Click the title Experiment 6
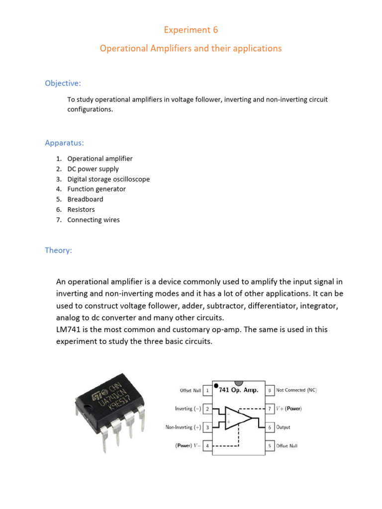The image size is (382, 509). tap(191, 30)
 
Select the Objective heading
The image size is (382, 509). tap(63, 83)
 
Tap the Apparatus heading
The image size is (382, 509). tap(64, 143)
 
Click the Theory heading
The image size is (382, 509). tap(58, 250)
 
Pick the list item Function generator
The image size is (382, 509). tap(96, 189)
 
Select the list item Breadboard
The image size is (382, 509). tap(85, 199)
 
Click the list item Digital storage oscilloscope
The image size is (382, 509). tap(108, 179)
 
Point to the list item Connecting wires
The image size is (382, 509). tap(94, 220)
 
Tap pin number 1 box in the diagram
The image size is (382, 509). tap(207, 391)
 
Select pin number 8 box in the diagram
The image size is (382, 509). tap(269, 391)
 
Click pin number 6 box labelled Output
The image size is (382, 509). tap(269, 427)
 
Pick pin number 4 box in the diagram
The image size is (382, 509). tap(207, 446)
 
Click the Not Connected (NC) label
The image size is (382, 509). tap(296, 391)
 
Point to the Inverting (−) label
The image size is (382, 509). tap(188, 409)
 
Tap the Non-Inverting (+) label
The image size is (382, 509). tap(183, 427)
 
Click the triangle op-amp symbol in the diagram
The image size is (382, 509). tap(238, 418)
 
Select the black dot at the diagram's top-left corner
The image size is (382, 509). tap(215, 385)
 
